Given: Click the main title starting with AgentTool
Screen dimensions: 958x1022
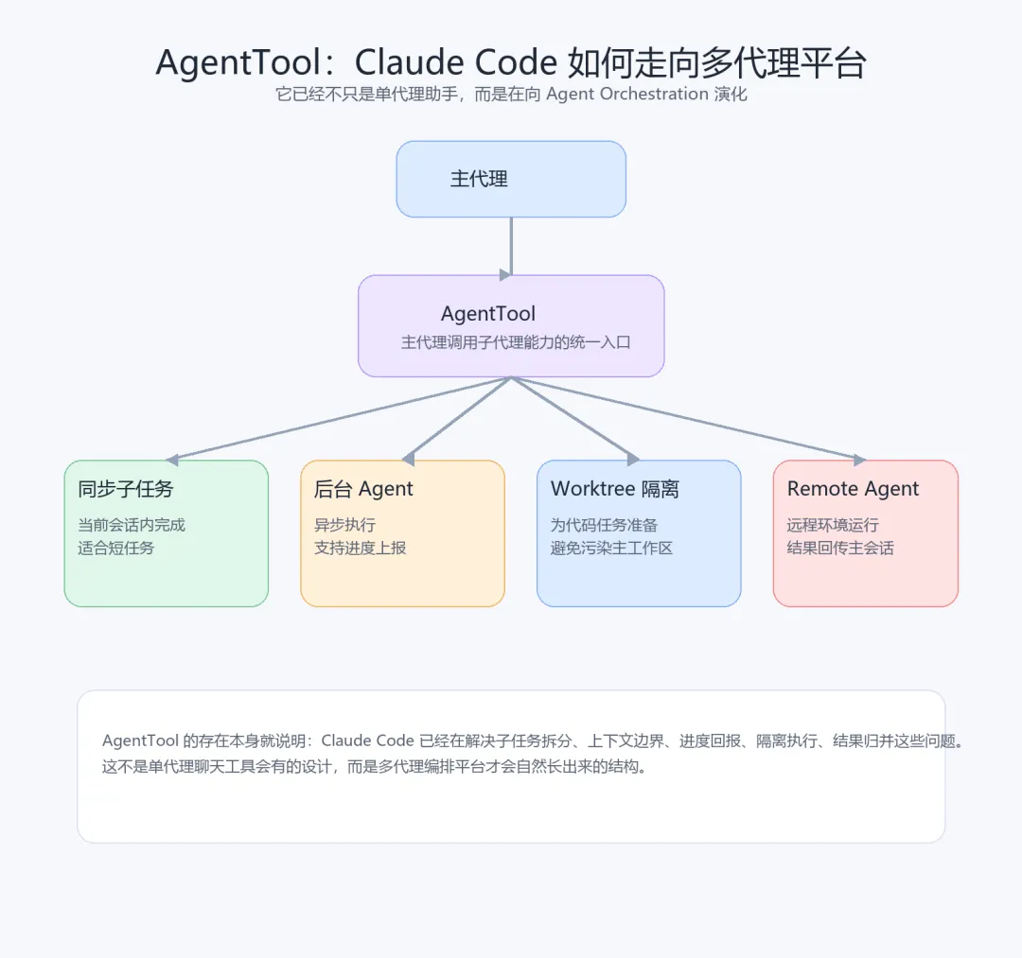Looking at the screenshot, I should (x=511, y=62).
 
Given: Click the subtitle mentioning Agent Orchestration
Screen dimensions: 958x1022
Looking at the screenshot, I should (x=511, y=95).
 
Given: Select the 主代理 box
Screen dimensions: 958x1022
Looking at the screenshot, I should (x=511, y=179).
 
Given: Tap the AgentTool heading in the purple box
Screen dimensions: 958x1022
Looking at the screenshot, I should (x=488, y=314).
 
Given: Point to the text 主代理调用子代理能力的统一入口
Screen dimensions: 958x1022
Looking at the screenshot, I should (x=516, y=342).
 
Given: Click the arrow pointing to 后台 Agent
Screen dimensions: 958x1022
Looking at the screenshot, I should (x=458, y=419).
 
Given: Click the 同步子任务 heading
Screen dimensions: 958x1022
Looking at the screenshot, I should (x=126, y=489).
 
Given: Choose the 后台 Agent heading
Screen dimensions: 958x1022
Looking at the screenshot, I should (x=363, y=489).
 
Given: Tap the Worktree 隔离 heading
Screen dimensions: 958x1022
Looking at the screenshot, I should (x=615, y=489).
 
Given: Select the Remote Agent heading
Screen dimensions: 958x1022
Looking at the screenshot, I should (x=853, y=489).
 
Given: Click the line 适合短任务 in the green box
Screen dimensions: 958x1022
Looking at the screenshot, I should (x=115, y=548).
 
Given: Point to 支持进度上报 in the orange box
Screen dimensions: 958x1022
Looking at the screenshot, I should (x=360, y=548).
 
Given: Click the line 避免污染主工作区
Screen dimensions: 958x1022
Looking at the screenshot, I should (x=611, y=548).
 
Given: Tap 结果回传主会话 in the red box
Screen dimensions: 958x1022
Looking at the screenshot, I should (x=840, y=548).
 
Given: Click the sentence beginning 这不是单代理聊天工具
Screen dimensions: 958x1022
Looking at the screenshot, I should (x=375, y=767).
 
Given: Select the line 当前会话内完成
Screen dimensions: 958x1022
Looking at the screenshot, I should (x=132, y=525).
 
